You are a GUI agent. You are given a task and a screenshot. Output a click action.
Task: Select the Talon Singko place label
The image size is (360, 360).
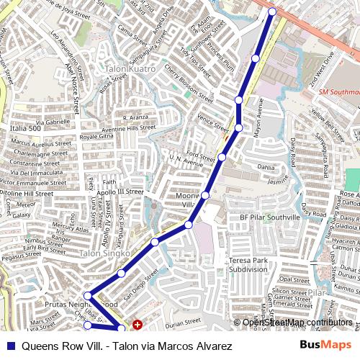[x=104, y=253]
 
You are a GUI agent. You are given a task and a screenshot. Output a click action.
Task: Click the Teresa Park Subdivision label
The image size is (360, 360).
[x=248, y=264]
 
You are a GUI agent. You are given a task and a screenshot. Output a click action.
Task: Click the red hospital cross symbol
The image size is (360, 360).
[x=137, y=325]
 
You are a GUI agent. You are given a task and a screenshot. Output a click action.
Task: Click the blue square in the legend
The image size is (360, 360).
[x=9, y=346]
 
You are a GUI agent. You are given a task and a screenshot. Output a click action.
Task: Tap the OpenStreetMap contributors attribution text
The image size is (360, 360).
[x=297, y=323]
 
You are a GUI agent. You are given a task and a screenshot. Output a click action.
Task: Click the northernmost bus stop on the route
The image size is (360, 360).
[x=272, y=12]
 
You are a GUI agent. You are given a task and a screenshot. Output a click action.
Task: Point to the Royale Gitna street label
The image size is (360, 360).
[x=96, y=136]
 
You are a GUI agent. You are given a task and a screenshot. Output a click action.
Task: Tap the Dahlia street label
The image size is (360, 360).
[x=266, y=167]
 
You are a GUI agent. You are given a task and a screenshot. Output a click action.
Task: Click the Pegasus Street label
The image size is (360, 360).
[x=22, y=256]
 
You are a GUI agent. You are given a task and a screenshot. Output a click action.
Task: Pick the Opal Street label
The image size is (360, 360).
[x=294, y=279]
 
